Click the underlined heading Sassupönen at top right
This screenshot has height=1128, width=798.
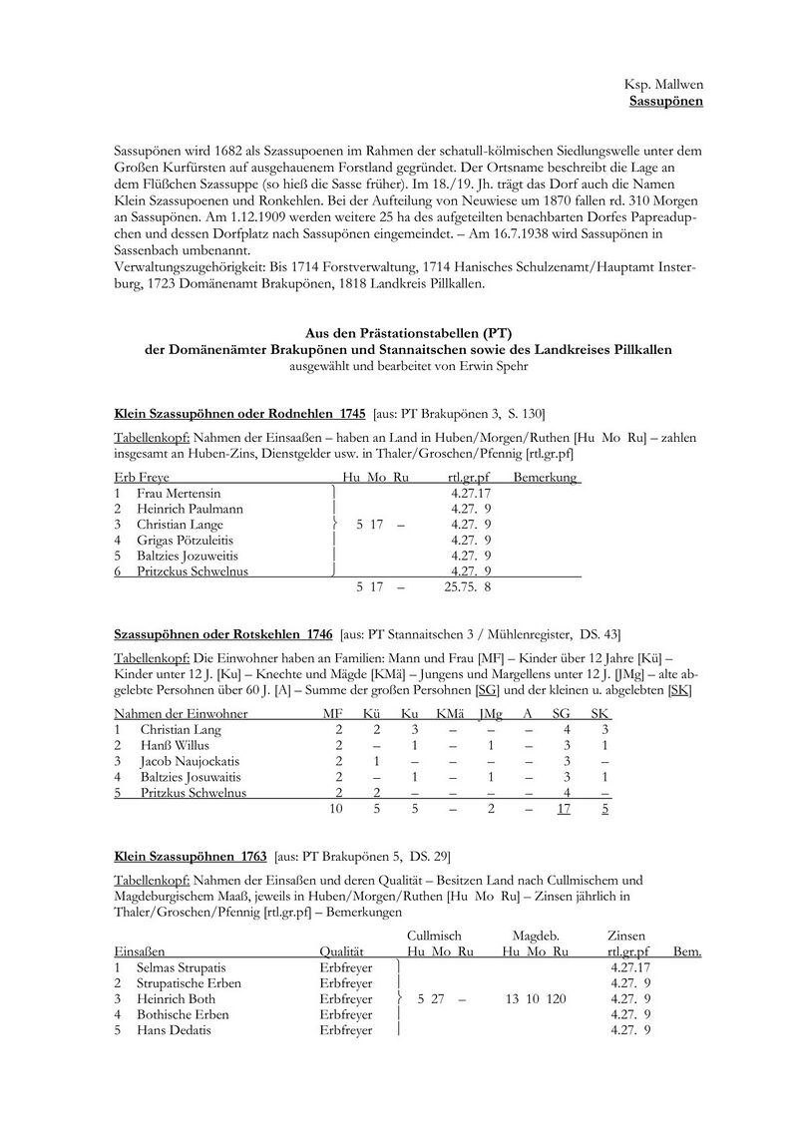(665, 101)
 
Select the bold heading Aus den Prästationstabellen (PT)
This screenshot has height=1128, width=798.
(408, 334)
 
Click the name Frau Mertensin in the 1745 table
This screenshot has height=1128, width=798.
(179, 493)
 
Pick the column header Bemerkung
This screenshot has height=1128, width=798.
(545, 478)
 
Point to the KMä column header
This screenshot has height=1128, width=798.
(451, 714)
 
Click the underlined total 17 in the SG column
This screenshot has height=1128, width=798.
(564, 809)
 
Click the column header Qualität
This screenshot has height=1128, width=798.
(341, 951)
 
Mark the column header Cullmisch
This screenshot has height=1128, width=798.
(435, 935)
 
